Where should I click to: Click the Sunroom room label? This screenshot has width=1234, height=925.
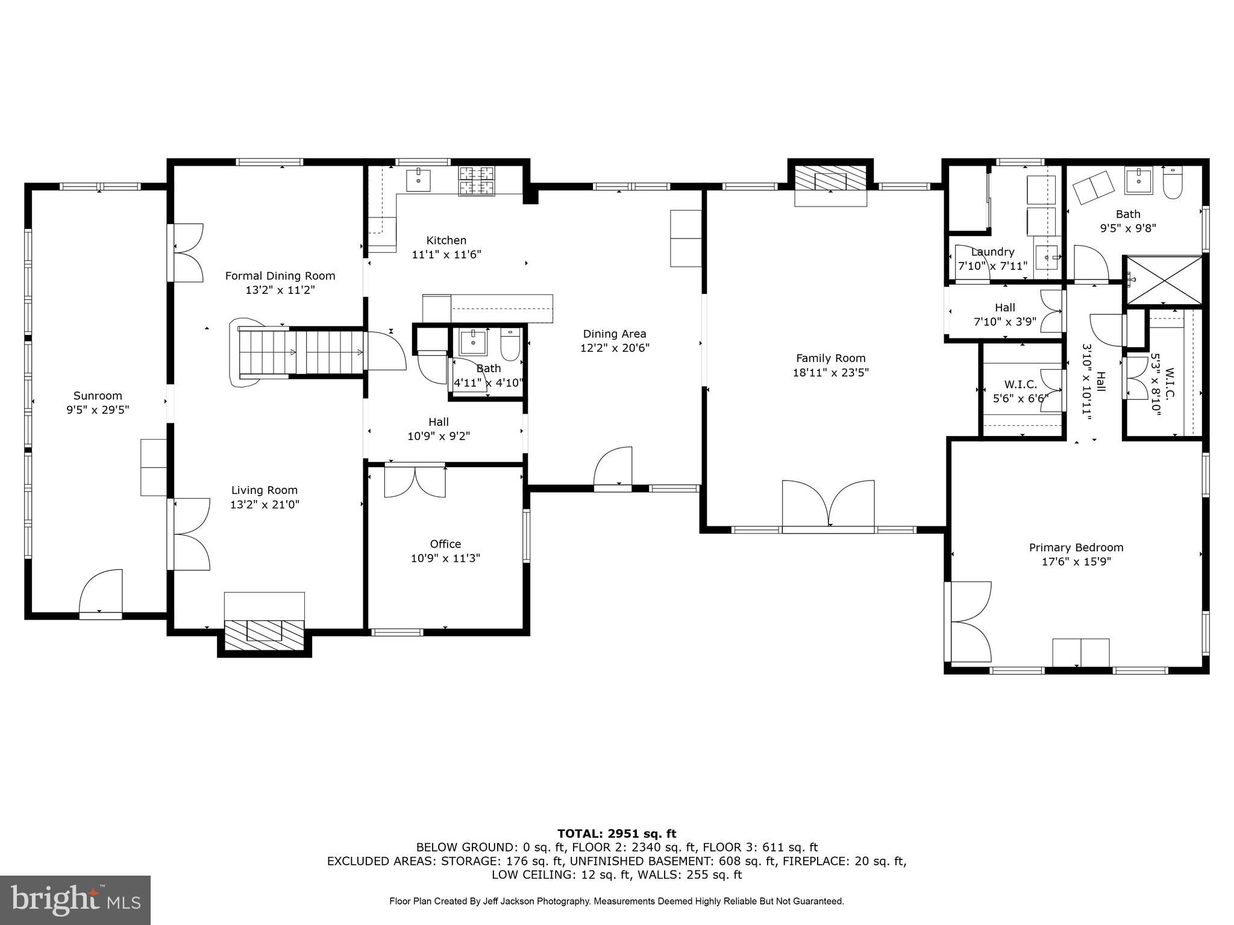coord(98,396)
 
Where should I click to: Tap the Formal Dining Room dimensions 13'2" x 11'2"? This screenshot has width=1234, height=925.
coord(280,290)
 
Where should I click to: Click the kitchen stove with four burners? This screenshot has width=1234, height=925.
coord(477,181)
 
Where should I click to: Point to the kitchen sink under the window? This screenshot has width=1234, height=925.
coord(418,179)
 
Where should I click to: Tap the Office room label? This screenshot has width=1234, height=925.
coord(445,544)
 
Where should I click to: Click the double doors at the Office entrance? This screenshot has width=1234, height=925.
coord(415,482)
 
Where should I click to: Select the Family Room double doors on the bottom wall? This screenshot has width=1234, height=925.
coord(828,505)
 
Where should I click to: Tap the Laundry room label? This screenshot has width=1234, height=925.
coord(992,252)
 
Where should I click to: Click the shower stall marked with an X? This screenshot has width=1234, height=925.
coord(1164,280)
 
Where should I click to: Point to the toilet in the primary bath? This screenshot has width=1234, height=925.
coord(1173,184)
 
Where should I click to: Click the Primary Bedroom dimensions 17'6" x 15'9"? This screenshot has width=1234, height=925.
coord(1076,562)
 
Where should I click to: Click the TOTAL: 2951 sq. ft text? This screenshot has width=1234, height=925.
coord(616,833)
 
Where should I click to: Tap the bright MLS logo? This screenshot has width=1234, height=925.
coord(75,900)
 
